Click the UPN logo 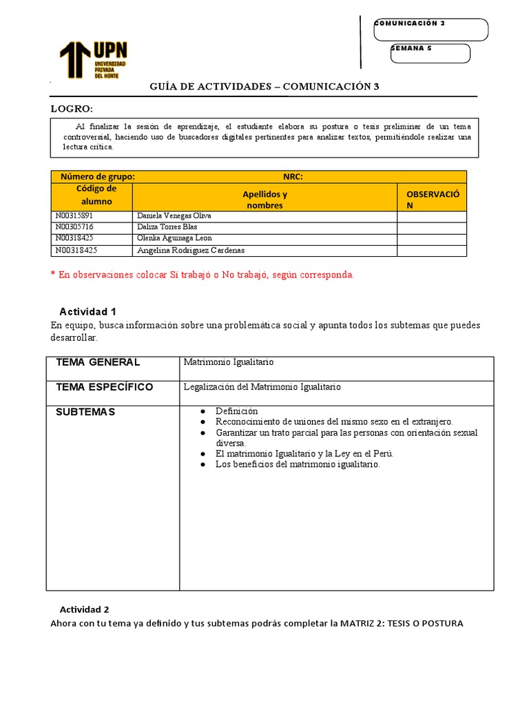tap(93, 59)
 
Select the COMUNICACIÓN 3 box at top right tap(431, 29)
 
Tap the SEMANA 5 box tap(430, 53)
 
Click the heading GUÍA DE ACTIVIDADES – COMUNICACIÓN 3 tap(264, 87)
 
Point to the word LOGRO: tap(72, 109)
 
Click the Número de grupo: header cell tap(98, 177)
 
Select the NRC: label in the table tap(293, 177)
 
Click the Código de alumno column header tap(96, 195)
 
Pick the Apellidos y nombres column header tap(265, 200)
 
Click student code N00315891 tap(74, 216)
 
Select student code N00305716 tap(74, 227)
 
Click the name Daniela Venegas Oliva tap(174, 216)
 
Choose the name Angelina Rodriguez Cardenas tap(191, 251)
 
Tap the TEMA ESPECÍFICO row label tap(105, 387)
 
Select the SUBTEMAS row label tap(85, 412)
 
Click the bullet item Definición tap(236, 411)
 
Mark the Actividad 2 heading tap(84, 609)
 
